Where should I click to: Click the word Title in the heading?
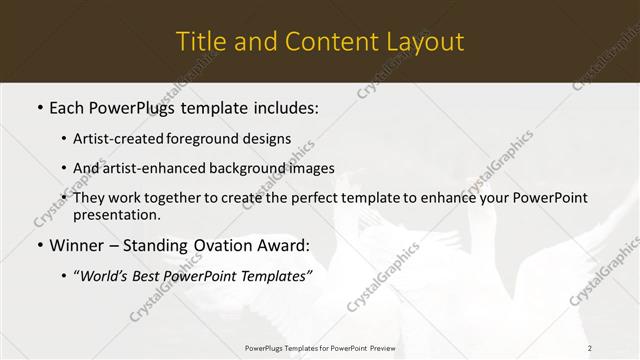click(199, 42)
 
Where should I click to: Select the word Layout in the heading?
click(424, 42)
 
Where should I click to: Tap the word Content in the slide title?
click(322, 42)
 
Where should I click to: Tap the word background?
click(233, 168)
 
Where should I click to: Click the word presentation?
click(116, 215)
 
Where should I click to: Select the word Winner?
click(77, 245)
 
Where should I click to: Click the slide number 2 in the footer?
click(590, 347)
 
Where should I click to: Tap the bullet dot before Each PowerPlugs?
click(39, 107)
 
